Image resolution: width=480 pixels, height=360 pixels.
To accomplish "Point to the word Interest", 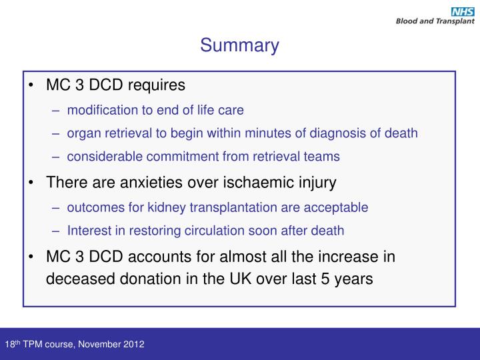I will point(89,231).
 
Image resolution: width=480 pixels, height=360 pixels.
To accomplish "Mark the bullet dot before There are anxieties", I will point(33,181).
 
